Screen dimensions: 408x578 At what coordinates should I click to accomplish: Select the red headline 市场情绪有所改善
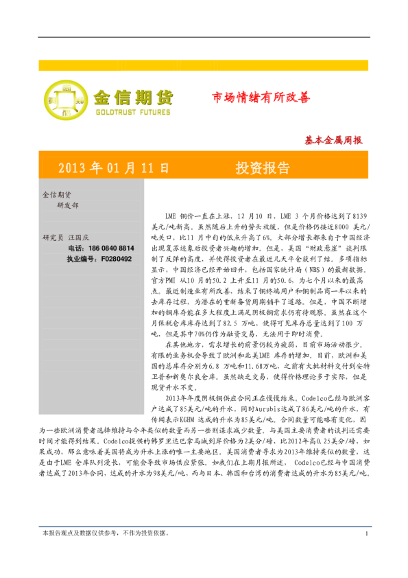pyautogui.click(x=261, y=97)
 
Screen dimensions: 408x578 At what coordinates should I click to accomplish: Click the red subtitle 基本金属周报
pyautogui.click(x=333, y=140)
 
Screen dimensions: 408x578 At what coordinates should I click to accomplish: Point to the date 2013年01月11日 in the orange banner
pyautogui.click(x=113, y=168)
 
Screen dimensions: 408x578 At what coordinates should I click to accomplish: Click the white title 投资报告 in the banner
pyautogui.click(x=262, y=168)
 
